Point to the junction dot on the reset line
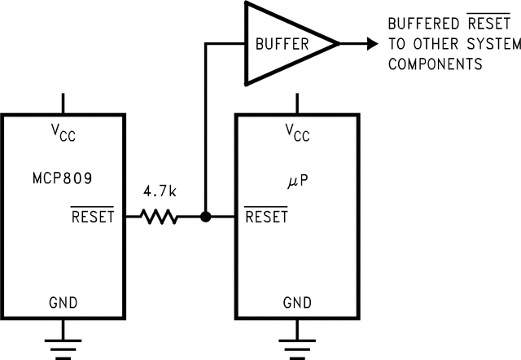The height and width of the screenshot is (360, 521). coord(206,217)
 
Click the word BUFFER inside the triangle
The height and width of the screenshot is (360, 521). coord(282,44)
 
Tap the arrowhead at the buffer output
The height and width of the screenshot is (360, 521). coord(370,43)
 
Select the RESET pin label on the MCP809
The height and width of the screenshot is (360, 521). coord(93,217)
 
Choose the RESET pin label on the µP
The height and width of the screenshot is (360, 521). coord(266,217)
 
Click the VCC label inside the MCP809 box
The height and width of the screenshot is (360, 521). coord(63,134)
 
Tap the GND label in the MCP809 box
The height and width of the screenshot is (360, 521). coord(63,303)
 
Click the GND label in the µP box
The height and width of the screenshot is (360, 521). coord(296,303)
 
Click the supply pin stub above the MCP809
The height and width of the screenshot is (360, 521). coord(63,103)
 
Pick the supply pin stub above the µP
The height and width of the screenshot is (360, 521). coord(296,103)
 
